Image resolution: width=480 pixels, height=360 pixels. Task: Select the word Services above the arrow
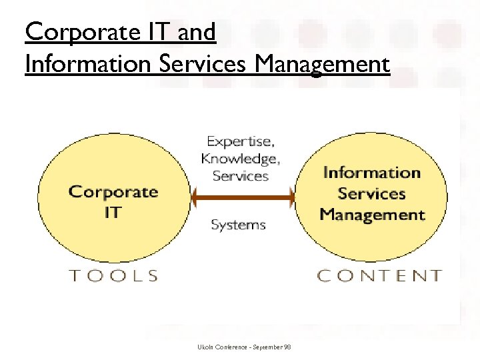pyautogui.click(x=240, y=176)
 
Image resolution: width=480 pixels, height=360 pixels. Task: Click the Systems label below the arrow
pyautogui.click(x=238, y=225)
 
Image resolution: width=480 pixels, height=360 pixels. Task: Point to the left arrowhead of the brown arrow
pyautogui.click(x=195, y=197)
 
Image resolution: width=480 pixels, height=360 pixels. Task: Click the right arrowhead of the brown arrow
pyautogui.click(x=290, y=197)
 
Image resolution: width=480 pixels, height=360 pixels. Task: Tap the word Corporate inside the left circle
pyautogui.click(x=113, y=193)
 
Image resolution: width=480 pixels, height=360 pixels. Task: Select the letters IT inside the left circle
pyautogui.click(x=113, y=213)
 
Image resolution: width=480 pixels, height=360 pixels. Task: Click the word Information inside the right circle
pyautogui.click(x=372, y=173)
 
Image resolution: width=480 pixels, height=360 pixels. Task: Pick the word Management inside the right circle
pyautogui.click(x=372, y=215)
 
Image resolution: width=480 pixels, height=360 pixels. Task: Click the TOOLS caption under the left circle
pyautogui.click(x=114, y=275)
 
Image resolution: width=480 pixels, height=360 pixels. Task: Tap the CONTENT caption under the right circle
pyautogui.click(x=379, y=275)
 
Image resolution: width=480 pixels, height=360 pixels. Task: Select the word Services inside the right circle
pyautogui.click(x=372, y=194)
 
